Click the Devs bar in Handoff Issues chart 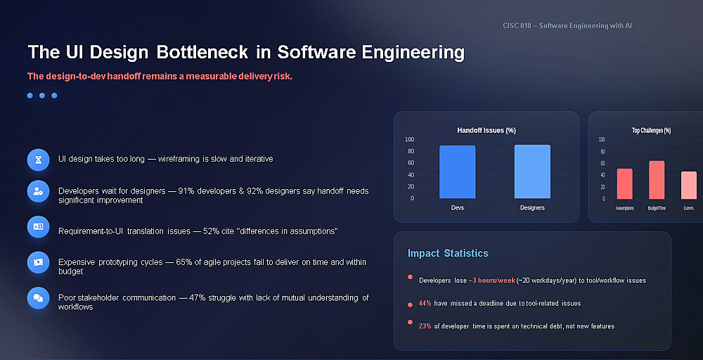point(458,172)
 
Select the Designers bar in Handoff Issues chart point(532,172)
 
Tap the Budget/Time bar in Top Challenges point(657,180)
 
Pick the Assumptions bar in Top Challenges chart point(624,184)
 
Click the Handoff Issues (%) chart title point(486,131)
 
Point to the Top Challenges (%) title point(651,131)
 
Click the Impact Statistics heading point(447,253)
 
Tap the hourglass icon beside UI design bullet point(38,160)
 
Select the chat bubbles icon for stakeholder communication point(38,298)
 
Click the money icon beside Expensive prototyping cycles point(38,262)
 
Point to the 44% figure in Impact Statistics point(425,304)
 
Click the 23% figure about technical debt point(425,326)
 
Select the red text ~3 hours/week point(492,281)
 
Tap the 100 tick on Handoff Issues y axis point(409,139)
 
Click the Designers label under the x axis point(532,207)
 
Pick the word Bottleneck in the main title point(202,52)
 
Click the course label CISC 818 point(517,25)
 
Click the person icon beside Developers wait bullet point(38,191)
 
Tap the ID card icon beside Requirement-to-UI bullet point(38,227)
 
